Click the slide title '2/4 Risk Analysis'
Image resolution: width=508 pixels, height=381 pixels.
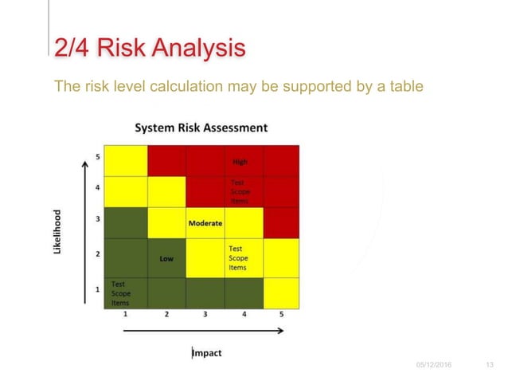[x=149, y=49]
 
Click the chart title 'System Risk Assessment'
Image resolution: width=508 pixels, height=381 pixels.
[x=201, y=128]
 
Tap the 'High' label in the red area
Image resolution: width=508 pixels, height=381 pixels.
[x=240, y=162]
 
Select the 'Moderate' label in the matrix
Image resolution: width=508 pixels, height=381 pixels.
[x=205, y=223]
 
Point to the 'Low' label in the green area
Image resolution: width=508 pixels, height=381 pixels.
[x=166, y=258]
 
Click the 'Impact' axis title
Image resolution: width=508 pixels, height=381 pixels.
[x=206, y=353]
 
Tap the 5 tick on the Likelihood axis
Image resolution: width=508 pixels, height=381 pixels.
[x=98, y=157]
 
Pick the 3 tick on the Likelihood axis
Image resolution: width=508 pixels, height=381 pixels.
[x=98, y=218]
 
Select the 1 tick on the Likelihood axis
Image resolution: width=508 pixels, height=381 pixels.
[x=98, y=289]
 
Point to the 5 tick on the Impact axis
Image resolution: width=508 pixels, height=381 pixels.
[x=281, y=315]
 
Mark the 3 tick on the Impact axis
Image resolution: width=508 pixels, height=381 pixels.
[x=205, y=315]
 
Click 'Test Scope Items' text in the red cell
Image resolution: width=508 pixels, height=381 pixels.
[x=239, y=192]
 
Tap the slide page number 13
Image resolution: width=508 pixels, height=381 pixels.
[x=490, y=364]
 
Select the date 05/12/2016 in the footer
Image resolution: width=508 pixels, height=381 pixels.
[x=432, y=364]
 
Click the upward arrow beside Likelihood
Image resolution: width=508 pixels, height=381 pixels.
[x=84, y=231]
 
